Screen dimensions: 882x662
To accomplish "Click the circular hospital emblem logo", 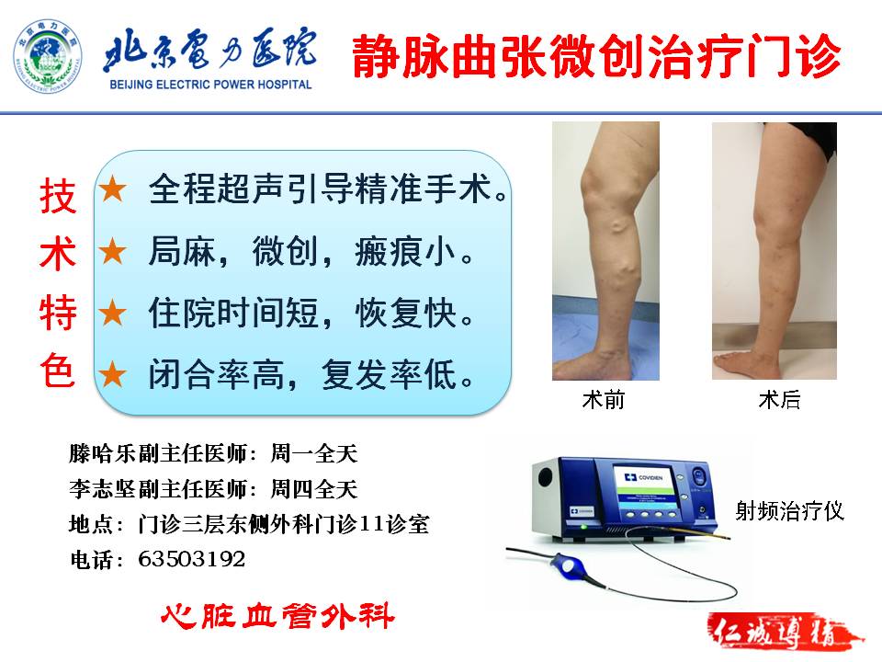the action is click(x=48, y=56).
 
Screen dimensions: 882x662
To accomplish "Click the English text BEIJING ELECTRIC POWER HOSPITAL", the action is click(x=211, y=85).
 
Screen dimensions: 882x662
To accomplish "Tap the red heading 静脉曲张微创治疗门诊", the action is click(x=596, y=56).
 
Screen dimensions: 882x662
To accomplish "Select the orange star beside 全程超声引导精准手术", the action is click(x=112, y=188).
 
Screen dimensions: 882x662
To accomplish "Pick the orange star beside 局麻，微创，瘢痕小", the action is click(x=112, y=251).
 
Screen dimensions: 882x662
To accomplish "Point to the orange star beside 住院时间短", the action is click(x=112, y=313).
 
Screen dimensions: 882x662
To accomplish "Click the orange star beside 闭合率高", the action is click(x=112, y=374).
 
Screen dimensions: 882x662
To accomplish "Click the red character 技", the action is click(x=58, y=197).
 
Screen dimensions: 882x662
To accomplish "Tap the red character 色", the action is click(x=58, y=371).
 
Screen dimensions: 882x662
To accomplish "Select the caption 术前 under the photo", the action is click(x=604, y=400).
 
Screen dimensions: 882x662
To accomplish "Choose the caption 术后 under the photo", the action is click(x=780, y=400).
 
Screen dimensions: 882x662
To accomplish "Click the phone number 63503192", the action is click(x=191, y=559).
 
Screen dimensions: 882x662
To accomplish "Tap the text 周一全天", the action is click(x=314, y=453).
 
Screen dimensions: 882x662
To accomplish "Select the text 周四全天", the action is click(x=314, y=488).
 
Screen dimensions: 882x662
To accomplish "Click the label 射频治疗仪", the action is click(x=790, y=511).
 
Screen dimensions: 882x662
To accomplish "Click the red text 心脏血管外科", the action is click(x=277, y=616).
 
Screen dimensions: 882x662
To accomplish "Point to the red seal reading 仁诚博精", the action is click(x=784, y=633).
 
